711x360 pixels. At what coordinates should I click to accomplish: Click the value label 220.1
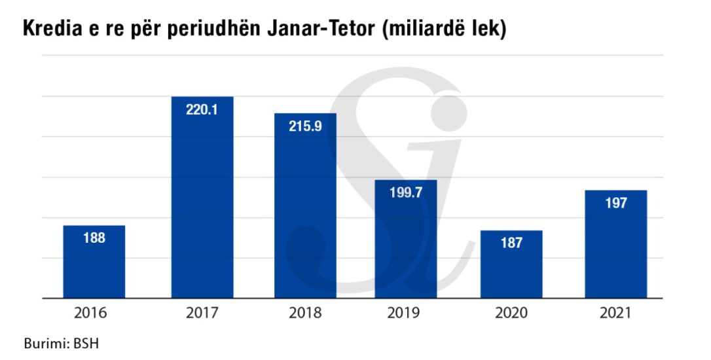pos(202,110)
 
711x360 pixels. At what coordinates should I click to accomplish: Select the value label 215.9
pos(305,126)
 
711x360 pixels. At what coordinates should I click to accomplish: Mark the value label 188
pos(94,238)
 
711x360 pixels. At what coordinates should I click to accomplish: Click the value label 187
pos(511,243)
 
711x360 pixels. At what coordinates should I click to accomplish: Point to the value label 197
pos(615,203)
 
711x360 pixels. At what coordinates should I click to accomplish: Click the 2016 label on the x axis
pos(94,314)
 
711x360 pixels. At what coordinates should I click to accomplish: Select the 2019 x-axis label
pos(406,314)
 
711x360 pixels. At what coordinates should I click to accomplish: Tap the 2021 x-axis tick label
pos(615,314)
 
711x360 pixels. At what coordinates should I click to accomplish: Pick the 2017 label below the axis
pos(202,314)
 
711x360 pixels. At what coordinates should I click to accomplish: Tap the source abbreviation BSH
pos(87,343)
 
